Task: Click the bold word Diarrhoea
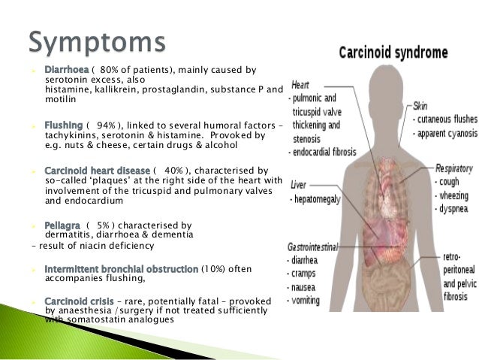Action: point(68,71)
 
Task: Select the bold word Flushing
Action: point(64,124)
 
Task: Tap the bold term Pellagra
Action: point(63,224)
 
